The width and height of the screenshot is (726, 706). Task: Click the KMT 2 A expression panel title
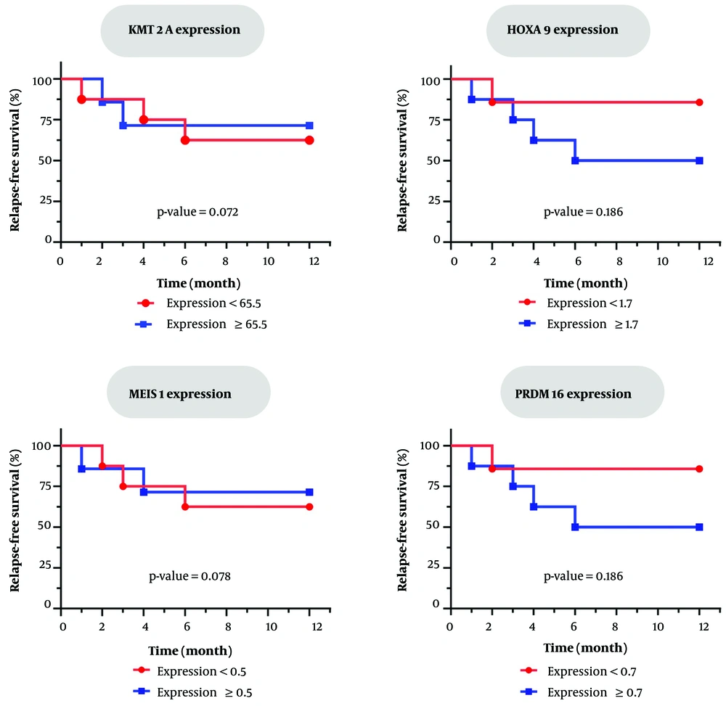[x=181, y=31]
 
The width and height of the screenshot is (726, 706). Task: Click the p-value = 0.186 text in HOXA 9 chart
[x=584, y=213]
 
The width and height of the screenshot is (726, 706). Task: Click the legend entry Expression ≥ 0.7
[x=589, y=691]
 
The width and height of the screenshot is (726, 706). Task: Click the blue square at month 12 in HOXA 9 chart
[x=699, y=160]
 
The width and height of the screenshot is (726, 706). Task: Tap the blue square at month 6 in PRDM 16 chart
[x=575, y=527]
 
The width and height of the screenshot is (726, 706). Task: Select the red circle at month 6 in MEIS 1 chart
[x=185, y=506]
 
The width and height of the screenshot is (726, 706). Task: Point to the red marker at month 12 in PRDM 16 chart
[x=699, y=469]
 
